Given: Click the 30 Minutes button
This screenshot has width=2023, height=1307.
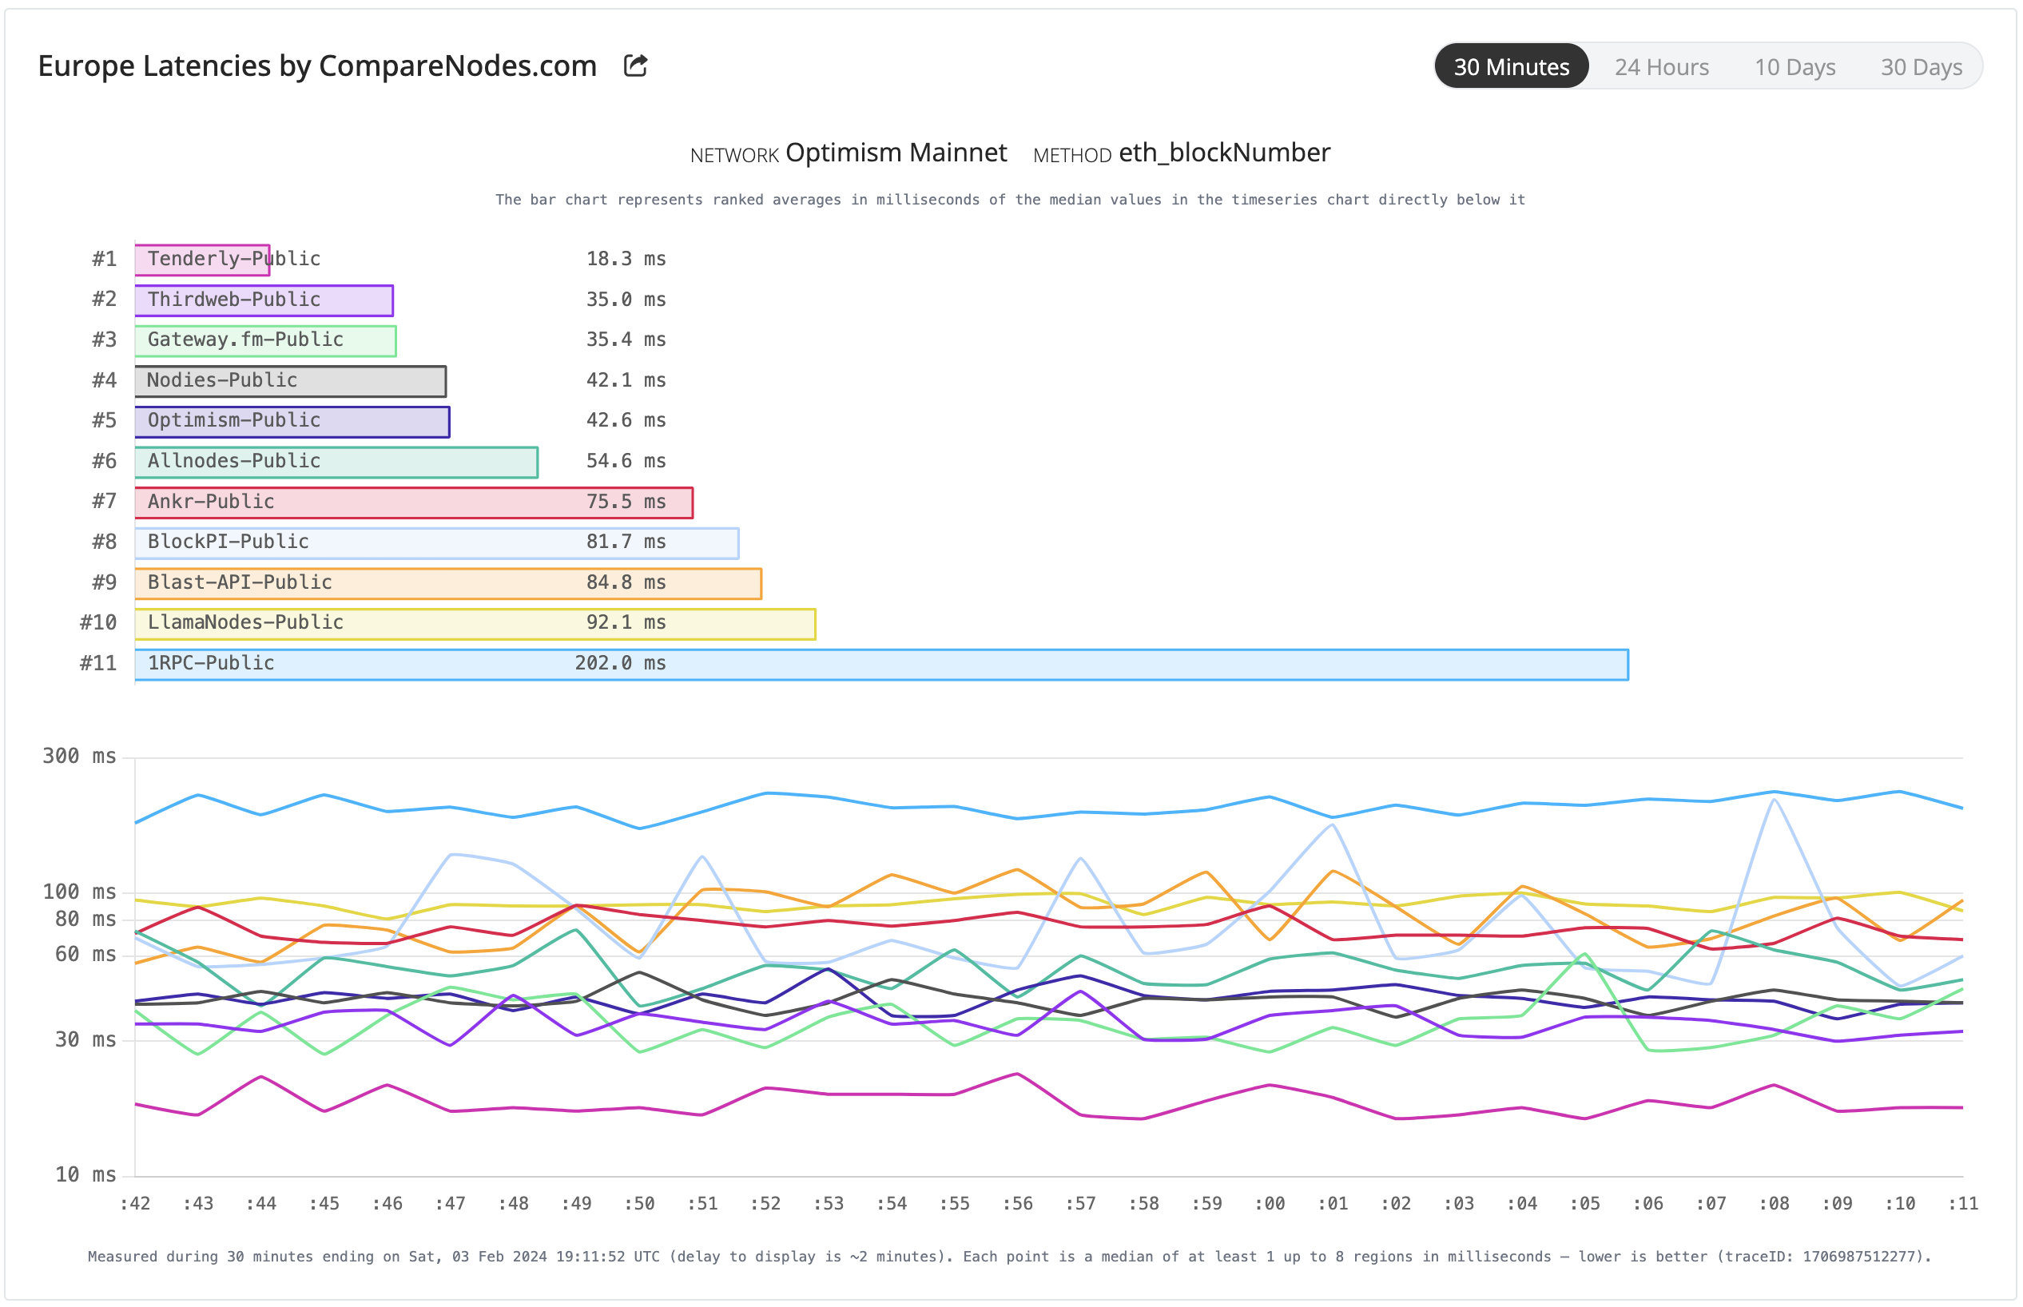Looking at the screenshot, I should [x=1511, y=67].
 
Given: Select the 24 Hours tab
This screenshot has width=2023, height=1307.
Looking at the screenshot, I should [x=1660, y=67].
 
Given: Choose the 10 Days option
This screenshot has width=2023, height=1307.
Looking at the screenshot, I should [x=1794, y=67].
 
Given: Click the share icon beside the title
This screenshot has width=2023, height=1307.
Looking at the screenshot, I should [x=635, y=66].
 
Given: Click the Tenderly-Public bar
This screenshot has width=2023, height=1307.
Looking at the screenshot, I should [x=202, y=259].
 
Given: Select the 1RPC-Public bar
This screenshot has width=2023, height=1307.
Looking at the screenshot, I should [x=880, y=665].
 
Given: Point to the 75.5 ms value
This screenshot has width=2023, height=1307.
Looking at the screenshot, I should [x=626, y=502].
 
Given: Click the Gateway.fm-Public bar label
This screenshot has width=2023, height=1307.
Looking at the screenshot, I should [x=245, y=340].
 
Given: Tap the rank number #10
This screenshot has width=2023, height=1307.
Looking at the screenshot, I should [x=98, y=622].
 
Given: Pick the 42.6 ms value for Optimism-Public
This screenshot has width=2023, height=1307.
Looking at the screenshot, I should [x=626, y=420].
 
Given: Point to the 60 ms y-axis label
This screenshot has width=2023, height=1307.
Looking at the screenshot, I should [x=85, y=954].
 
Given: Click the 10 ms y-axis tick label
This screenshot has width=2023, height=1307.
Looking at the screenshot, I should [x=85, y=1174].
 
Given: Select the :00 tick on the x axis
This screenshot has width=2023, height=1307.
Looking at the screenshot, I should [x=1270, y=1202].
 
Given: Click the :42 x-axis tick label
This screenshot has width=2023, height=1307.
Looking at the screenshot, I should [x=135, y=1202].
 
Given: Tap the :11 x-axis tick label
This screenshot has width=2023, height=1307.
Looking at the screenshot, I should [x=1962, y=1202].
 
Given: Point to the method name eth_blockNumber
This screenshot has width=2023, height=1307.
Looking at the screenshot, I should [x=1224, y=153].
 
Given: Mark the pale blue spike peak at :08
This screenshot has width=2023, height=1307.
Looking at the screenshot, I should [x=1774, y=800].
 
